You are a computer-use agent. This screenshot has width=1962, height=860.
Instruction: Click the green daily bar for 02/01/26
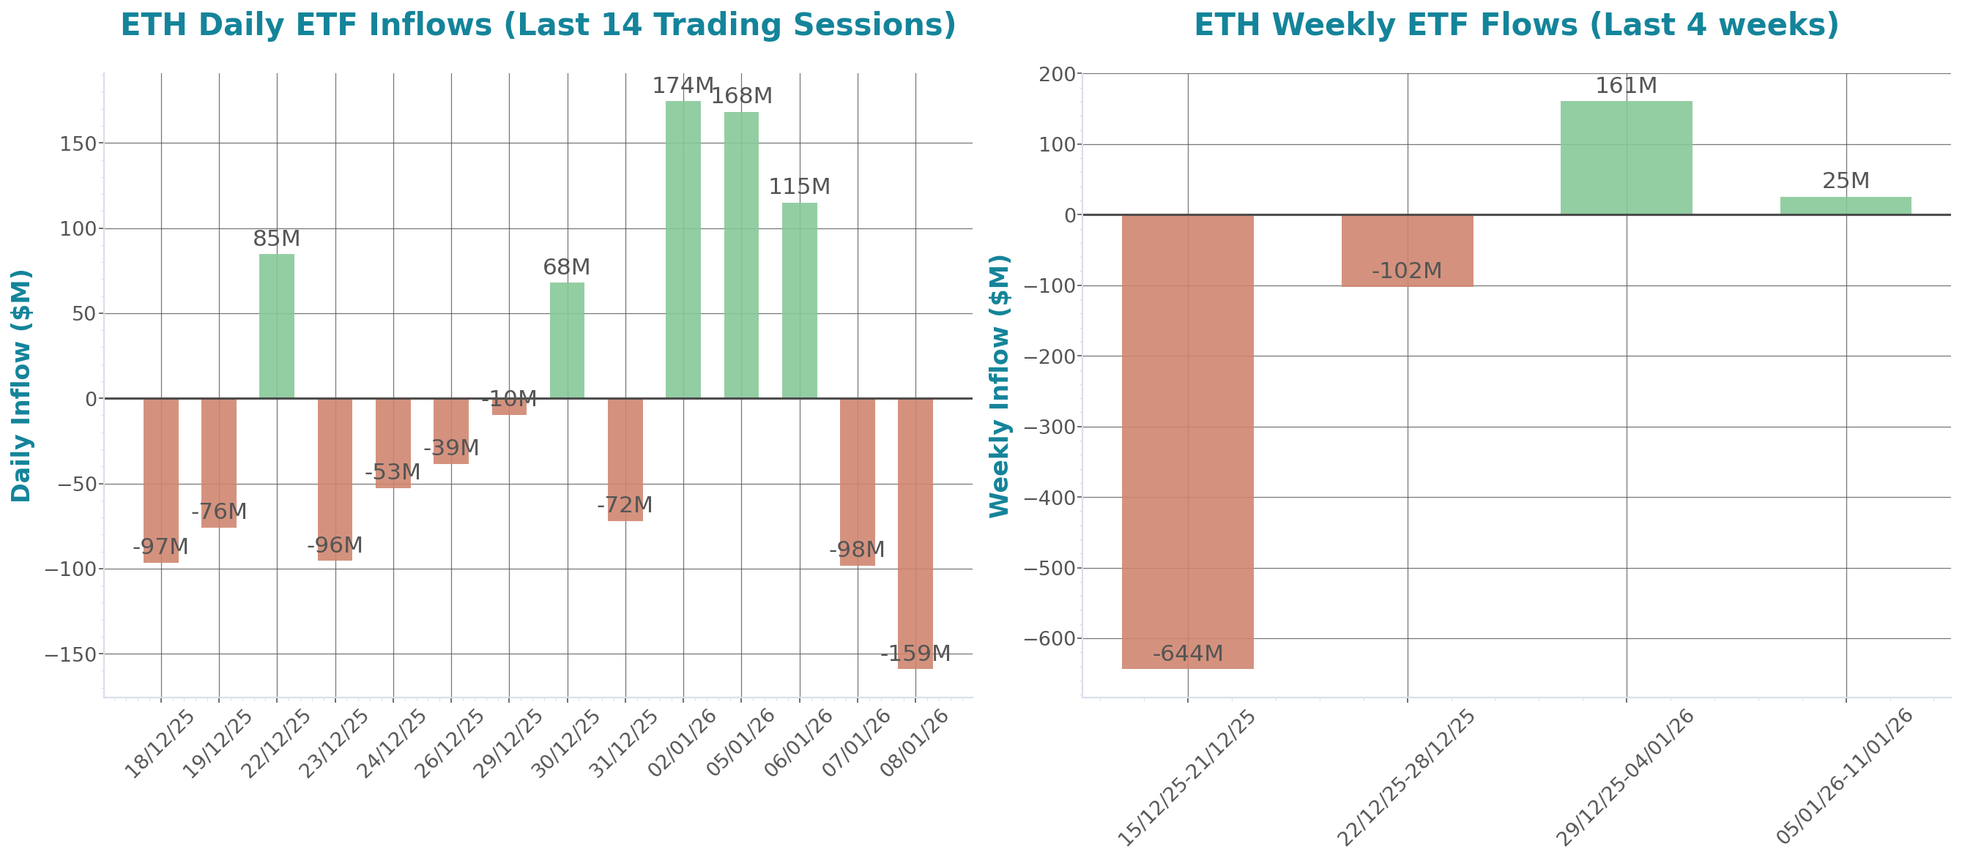[x=683, y=250]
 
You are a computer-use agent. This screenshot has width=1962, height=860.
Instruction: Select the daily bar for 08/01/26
[x=915, y=533]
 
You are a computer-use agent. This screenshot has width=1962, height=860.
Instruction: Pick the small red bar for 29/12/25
[x=509, y=407]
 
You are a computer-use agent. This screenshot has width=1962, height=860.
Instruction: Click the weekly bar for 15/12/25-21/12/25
[x=1187, y=441]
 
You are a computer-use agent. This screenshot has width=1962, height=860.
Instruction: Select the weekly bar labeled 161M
[x=1626, y=157]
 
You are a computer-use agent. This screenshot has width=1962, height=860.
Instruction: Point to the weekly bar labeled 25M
[x=1846, y=206]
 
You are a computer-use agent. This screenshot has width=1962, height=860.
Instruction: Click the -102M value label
[x=1407, y=271]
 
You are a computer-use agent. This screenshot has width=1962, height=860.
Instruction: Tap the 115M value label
[x=799, y=187]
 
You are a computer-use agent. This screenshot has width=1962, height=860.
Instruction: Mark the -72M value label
[x=625, y=505]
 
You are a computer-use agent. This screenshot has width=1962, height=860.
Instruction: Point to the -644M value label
[x=1187, y=654]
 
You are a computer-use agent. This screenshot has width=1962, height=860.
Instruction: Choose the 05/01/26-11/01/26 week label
[x=1843, y=777]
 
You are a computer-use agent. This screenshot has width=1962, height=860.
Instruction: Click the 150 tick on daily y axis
[x=78, y=144]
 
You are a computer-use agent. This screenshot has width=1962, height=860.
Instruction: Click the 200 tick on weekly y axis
[x=1057, y=75]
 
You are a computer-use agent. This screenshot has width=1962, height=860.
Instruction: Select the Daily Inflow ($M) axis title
[x=21, y=385]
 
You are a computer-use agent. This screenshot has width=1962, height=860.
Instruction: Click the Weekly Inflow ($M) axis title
[x=999, y=385]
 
